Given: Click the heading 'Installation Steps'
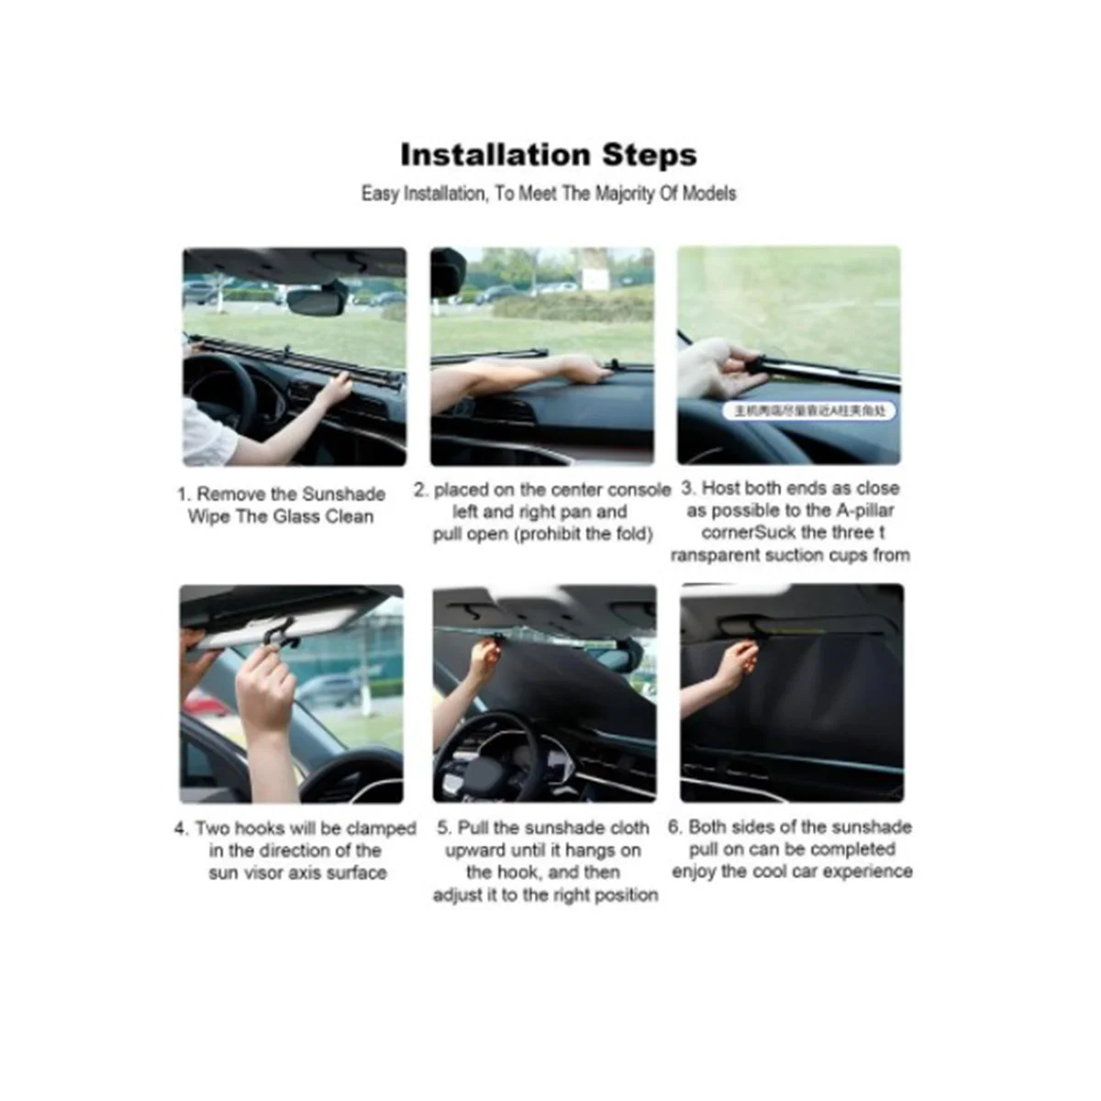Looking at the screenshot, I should pyautogui.click(x=549, y=154).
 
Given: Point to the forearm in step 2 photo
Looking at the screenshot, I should pyautogui.click(x=505, y=375).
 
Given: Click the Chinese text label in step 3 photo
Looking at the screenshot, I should pyautogui.click(x=809, y=411).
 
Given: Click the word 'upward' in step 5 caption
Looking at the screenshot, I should pyautogui.click(x=476, y=851).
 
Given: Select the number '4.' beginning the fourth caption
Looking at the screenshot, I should pyautogui.click(x=182, y=829).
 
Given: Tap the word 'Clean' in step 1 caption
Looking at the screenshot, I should pyautogui.click(x=349, y=517).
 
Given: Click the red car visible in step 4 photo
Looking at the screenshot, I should pyautogui.click(x=204, y=703).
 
